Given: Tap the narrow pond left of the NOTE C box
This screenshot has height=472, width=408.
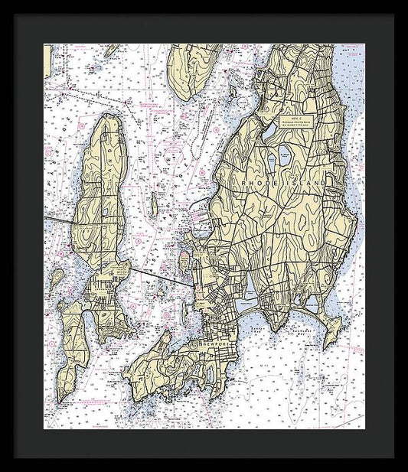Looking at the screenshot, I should click(x=269, y=130).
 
